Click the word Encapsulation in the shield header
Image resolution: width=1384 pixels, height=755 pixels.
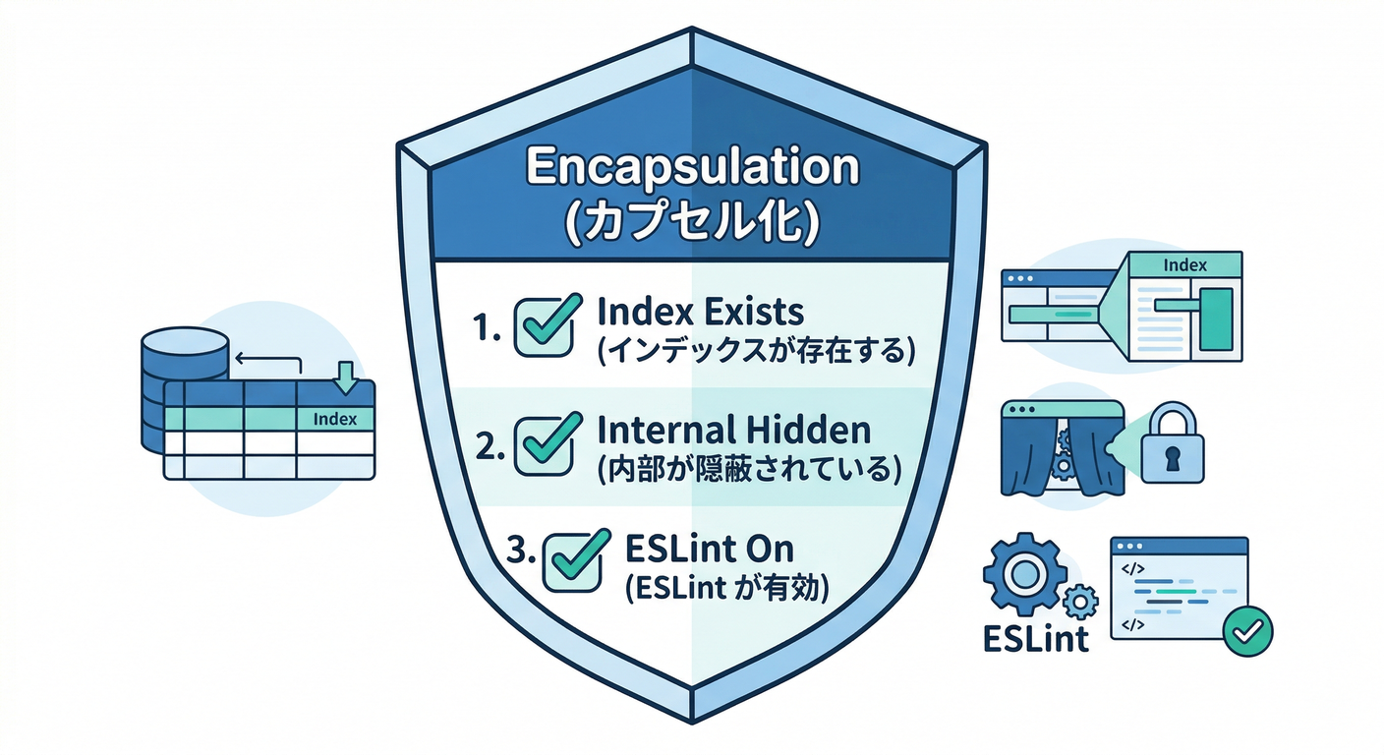tap(693, 166)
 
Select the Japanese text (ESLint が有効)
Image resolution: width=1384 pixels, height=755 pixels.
tap(726, 588)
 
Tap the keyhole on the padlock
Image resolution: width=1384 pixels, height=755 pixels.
tap(1172, 459)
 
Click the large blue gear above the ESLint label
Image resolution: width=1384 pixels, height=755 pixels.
tap(1025, 574)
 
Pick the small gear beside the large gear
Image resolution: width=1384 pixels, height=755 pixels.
tap(1080, 601)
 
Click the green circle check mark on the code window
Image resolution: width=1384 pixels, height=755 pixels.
tap(1248, 631)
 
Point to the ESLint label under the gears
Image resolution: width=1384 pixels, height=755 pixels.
tap(1035, 638)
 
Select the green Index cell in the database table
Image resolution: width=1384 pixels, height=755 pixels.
tap(335, 419)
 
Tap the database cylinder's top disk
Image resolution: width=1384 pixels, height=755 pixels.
tap(185, 342)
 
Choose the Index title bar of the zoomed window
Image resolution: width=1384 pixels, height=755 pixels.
tap(1185, 264)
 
